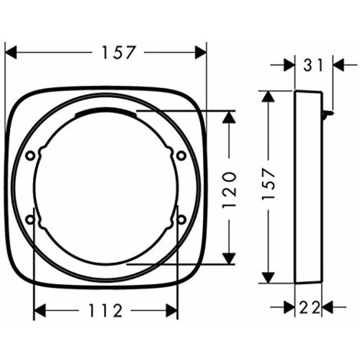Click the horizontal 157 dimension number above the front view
point(118,52)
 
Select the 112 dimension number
point(106,310)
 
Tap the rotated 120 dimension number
point(229,190)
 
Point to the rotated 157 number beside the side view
point(268,184)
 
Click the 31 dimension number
point(313,65)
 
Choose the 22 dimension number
point(309,307)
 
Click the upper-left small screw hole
point(30,155)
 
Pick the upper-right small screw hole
point(182,155)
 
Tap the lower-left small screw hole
point(30,219)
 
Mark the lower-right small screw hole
point(182,219)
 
